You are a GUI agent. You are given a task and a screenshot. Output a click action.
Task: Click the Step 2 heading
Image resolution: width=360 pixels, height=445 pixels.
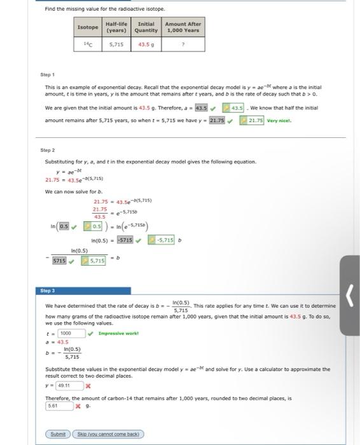[49, 151]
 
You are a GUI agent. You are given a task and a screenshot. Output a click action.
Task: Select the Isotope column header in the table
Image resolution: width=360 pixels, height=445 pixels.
[88, 27]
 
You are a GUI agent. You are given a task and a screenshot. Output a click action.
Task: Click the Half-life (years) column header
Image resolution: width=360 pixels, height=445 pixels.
[116, 27]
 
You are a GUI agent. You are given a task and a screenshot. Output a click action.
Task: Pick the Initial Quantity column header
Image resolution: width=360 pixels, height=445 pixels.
[146, 27]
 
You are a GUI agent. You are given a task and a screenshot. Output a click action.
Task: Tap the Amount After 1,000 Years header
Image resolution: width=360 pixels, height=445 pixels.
[183, 27]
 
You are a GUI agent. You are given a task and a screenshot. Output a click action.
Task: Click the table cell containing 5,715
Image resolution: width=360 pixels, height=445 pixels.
[116, 45]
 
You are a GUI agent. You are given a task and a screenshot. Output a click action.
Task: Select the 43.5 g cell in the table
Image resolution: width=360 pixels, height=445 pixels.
[146, 45]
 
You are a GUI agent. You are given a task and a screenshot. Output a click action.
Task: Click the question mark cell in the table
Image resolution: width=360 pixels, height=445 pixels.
[183, 45]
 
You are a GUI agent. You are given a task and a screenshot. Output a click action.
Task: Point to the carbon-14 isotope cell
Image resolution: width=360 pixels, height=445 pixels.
[88, 45]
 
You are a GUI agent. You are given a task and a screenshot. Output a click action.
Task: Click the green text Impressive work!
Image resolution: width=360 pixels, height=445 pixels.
[118, 332]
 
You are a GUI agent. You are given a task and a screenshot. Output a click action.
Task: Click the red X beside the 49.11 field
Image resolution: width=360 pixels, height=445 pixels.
[88, 385]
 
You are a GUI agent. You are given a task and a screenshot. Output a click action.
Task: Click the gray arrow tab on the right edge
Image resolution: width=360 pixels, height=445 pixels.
[350, 295]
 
